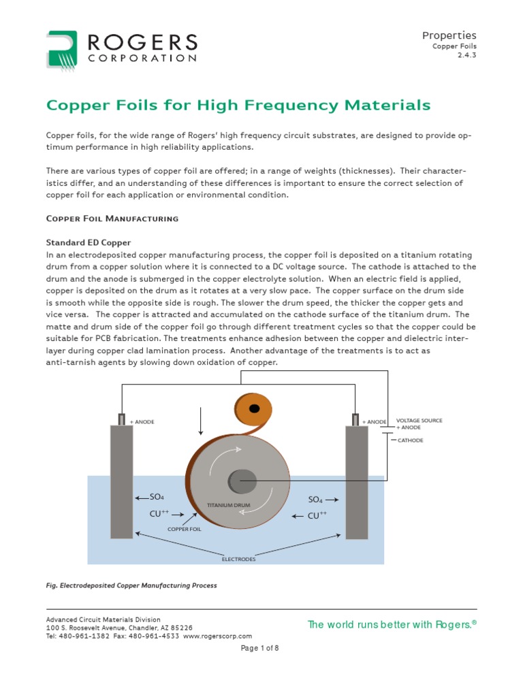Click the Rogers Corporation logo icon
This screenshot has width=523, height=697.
point(63,48)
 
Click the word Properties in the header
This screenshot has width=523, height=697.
point(449,35)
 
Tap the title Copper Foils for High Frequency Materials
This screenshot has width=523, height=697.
point(238,106)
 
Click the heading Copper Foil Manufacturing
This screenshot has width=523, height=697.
point(112,218)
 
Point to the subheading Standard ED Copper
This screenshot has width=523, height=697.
point(88,242)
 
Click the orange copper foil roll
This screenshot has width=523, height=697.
point(253,409)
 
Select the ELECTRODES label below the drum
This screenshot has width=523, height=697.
point(239,559)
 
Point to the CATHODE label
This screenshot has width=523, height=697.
point(410,440)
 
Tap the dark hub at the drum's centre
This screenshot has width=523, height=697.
point(242,482)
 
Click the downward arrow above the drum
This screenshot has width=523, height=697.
point(201,421)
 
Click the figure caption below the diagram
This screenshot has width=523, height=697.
point(131,585)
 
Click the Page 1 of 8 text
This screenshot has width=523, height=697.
point(260,648)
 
